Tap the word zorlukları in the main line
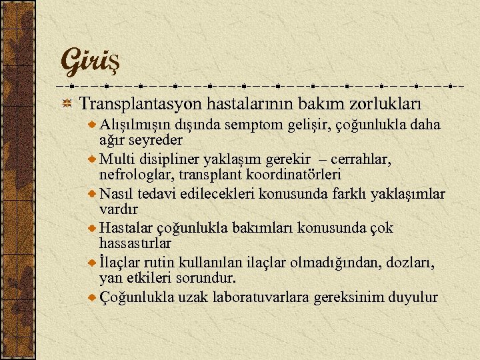click(x=388, y=104)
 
